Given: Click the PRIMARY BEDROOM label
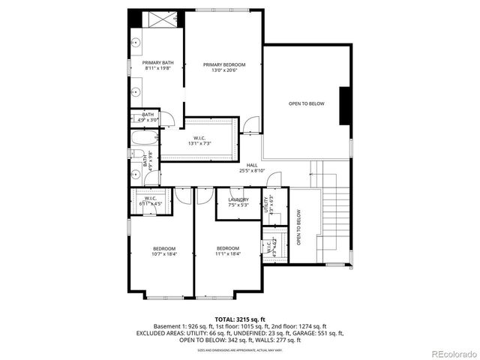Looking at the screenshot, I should (223, 65).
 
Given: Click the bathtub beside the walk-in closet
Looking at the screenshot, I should (144, 139).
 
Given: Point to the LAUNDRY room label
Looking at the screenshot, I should (238, 199).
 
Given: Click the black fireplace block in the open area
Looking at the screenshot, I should (345, 105).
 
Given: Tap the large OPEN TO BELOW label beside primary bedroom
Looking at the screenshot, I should (306, 103).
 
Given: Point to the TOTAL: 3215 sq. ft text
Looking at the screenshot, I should (239, 319).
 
